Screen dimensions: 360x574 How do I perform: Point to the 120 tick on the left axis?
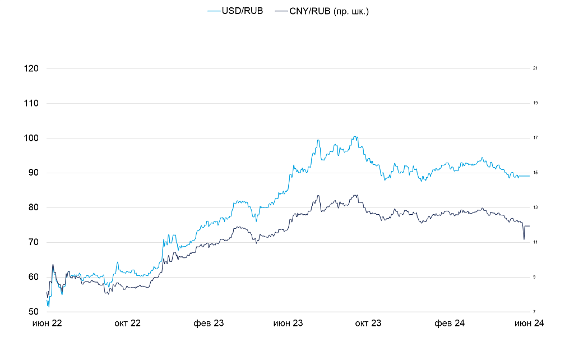click(31, 68)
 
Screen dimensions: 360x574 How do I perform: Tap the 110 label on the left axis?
click(31, 103)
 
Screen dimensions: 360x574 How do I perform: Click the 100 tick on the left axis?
click(31, 138)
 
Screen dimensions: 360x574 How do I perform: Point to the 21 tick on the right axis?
click(535, 68)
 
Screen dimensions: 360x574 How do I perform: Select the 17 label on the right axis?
click(535, 138)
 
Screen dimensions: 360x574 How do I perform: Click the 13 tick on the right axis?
click(535, 207)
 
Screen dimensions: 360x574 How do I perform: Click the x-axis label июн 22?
click(47, 324)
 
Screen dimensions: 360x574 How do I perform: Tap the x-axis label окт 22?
click(128, 324)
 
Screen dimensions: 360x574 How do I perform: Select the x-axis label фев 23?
click(209, 324)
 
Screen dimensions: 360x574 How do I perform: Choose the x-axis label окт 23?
click(368, 324)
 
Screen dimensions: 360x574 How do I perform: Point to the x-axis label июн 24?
click(530, 324)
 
